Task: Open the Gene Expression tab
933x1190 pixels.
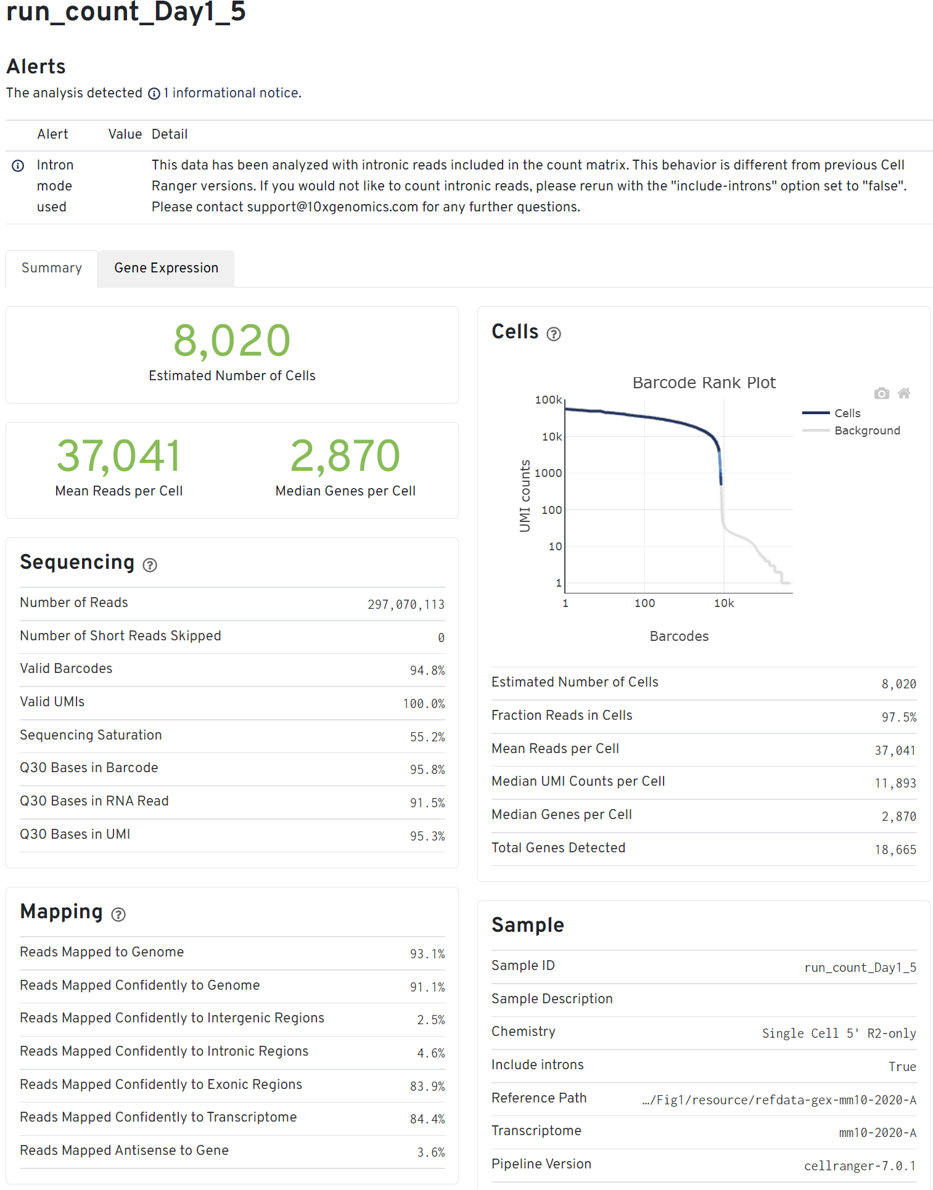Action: [x=166, y=268]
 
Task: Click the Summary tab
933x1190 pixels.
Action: [x=52, y=268]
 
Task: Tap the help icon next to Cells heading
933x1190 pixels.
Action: [x=554, y=334]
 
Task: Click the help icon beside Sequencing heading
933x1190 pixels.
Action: [x=150, y=565]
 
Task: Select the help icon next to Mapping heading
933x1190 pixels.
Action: [x=118, y=915]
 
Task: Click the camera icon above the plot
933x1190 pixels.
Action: [x=881, y=393]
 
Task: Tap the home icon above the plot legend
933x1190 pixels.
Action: [x=904, y=393]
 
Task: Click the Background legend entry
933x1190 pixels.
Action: [x=867, y=430]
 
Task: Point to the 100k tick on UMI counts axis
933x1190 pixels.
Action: [x=548, y=400]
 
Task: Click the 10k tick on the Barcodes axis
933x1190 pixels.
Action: [x=724, y=603]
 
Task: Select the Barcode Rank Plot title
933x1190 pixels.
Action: [x=704, y=383]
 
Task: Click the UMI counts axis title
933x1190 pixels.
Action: [x=525, y=495]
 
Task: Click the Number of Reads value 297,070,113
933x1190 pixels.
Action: [x=406, y=605]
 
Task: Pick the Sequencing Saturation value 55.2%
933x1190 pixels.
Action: [x=427, y=737]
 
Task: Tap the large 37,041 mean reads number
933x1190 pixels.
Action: [x=119, y=456]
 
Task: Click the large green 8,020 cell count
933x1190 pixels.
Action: [x=232, y=341]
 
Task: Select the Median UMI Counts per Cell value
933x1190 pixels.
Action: [x=895, y=783]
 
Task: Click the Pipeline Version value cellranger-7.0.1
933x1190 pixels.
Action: [x=860, y=1166]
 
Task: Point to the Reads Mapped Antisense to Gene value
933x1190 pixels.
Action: [x=430, y=1152]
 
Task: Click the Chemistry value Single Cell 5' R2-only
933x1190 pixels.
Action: [x=839, y=1033]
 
